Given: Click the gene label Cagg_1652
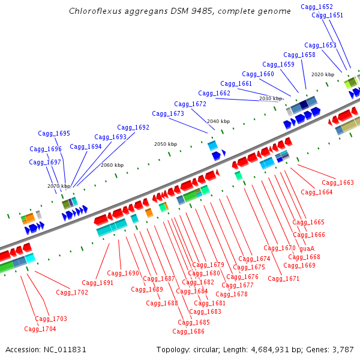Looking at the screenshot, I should [x=316, y=7].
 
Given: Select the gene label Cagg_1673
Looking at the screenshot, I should [x=168, y=113].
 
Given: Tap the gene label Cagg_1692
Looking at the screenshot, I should [x=133, y=127].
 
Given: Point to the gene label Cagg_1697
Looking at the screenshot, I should [x=45, y=162].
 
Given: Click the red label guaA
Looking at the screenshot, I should [x=307, y=248].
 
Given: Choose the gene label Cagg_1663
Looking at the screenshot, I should [x=338, y=182].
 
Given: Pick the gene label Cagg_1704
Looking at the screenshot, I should [x=40, y=329].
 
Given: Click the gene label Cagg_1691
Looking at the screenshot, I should [x=98, y=283].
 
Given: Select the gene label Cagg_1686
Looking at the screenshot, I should [x=188, y=331].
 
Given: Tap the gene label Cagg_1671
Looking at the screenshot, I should [x=283, y=278].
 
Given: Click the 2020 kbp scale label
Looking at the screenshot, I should [x=323, y=74].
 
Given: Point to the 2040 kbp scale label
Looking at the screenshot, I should [x=218, y=121].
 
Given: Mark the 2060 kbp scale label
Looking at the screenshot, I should [x=112, y=165].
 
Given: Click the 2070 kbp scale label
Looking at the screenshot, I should [x=59, y=186].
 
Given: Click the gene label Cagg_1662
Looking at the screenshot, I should [x=214, y=93].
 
